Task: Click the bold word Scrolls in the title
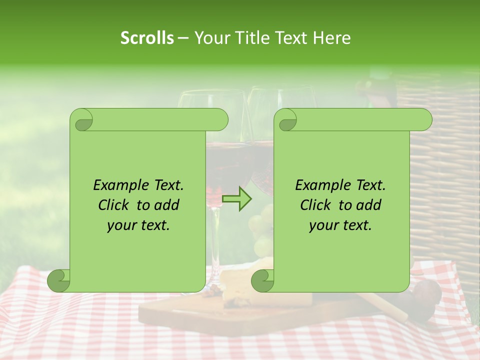pos(147,38)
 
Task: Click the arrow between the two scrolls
pos(237,199)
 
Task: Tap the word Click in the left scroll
pos(109,205)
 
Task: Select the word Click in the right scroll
pos(311,205)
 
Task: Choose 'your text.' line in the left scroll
pos(138,225)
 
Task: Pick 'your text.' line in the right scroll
pos(340,225)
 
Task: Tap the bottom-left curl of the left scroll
pos(59,280)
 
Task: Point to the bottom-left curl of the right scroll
pos(263,280)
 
